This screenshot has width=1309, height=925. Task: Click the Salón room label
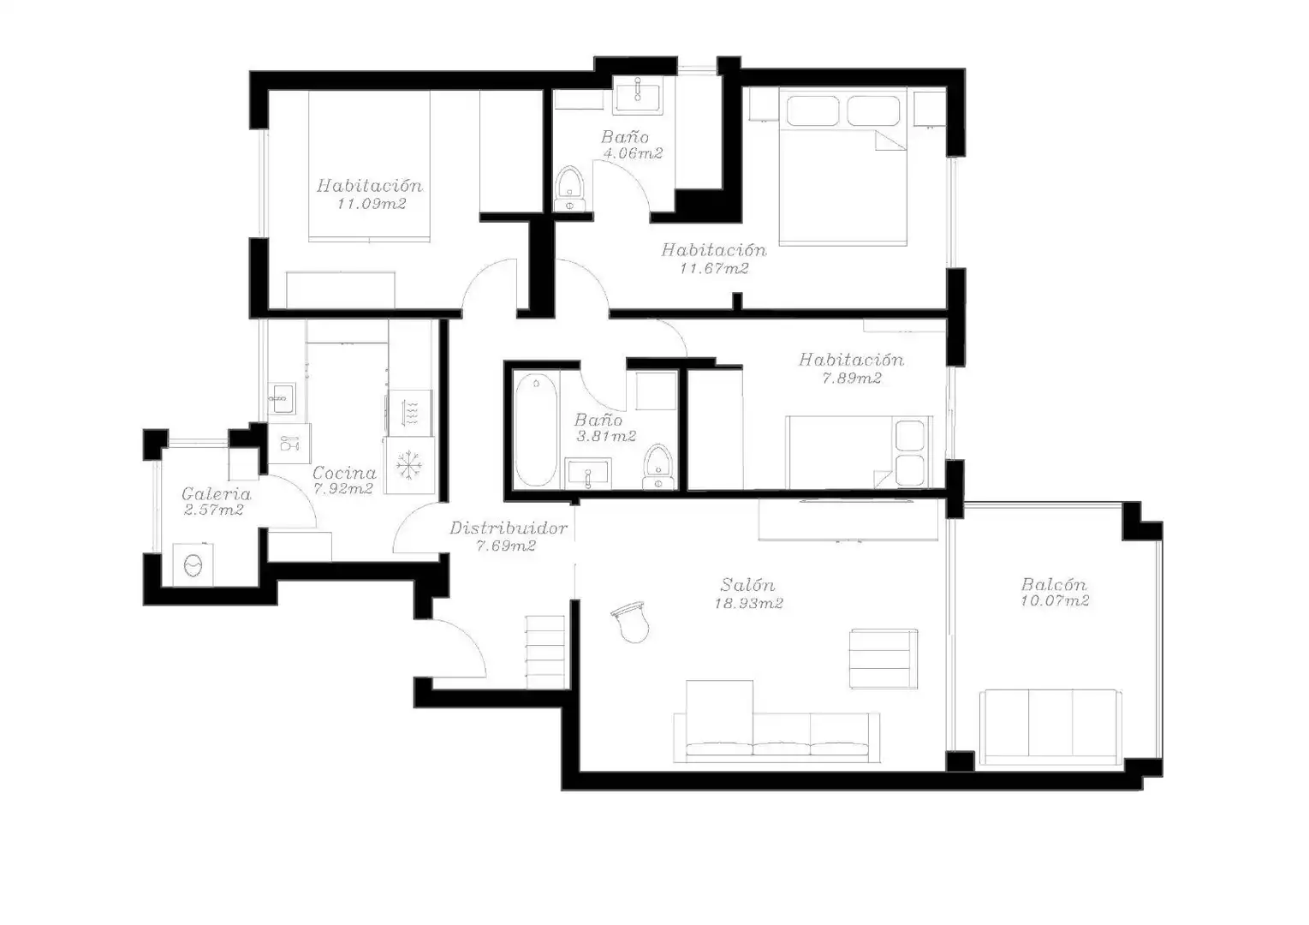(747, 584)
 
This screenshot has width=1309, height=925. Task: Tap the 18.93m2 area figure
(748, 603)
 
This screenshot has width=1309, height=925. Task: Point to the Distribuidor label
(509, 528)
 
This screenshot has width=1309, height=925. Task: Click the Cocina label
(344, 473)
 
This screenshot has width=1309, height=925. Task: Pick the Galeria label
(217, 494)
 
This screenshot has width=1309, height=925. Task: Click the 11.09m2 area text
(371, 204)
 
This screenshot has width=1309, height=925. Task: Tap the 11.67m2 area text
(714, 268)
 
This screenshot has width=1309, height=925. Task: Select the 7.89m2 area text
(852, 378)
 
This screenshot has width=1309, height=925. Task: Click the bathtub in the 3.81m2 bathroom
(536, 430)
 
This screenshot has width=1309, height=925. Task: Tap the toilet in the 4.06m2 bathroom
(569, 188)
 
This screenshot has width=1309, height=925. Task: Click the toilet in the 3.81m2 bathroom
(658, 467)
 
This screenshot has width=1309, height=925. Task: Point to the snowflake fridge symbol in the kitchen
(409, 465)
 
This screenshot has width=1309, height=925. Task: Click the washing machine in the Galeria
(193, 564)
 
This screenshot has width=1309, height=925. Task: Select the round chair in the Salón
(631, 622)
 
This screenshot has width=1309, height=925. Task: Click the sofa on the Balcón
(1051, 727)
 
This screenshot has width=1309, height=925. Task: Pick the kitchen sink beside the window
(283, 398)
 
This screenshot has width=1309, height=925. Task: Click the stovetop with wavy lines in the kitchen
(409, 412)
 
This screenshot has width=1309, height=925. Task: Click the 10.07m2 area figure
(1055, 600)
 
